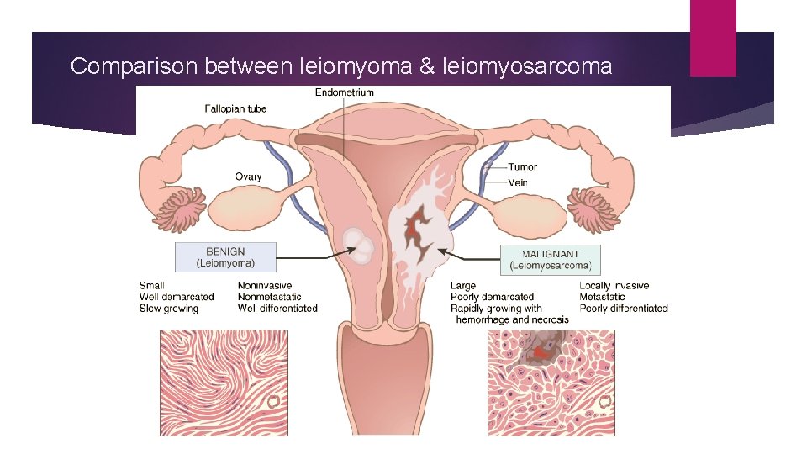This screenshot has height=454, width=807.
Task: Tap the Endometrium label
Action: (x=345, y=92)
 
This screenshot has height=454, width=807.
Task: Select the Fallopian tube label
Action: (x=236, y=108)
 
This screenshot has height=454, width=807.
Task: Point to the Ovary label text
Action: (x=248, y=177)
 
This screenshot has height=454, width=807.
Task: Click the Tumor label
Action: (x=522, y=167)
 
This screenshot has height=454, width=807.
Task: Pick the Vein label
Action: (x=518, y=182)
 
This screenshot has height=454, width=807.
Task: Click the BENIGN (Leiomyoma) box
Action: (x=225, y=256)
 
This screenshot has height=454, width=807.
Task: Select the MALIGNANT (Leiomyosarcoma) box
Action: (x=551, y=260)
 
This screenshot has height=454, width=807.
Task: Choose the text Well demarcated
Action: (x=177, y=297)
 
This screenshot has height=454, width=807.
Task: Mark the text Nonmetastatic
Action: (x=270, y=297)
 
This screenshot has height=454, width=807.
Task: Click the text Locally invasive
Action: (x=614, y=286)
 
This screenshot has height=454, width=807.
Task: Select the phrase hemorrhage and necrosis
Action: (x=512, y=319)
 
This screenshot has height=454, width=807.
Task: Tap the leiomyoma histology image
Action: (x=224, y=383)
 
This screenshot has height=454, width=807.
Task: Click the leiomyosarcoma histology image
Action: (x=551, y=383)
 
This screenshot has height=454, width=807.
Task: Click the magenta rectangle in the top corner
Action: (x=713, y=38)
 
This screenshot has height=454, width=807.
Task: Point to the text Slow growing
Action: (x=169, y=309)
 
